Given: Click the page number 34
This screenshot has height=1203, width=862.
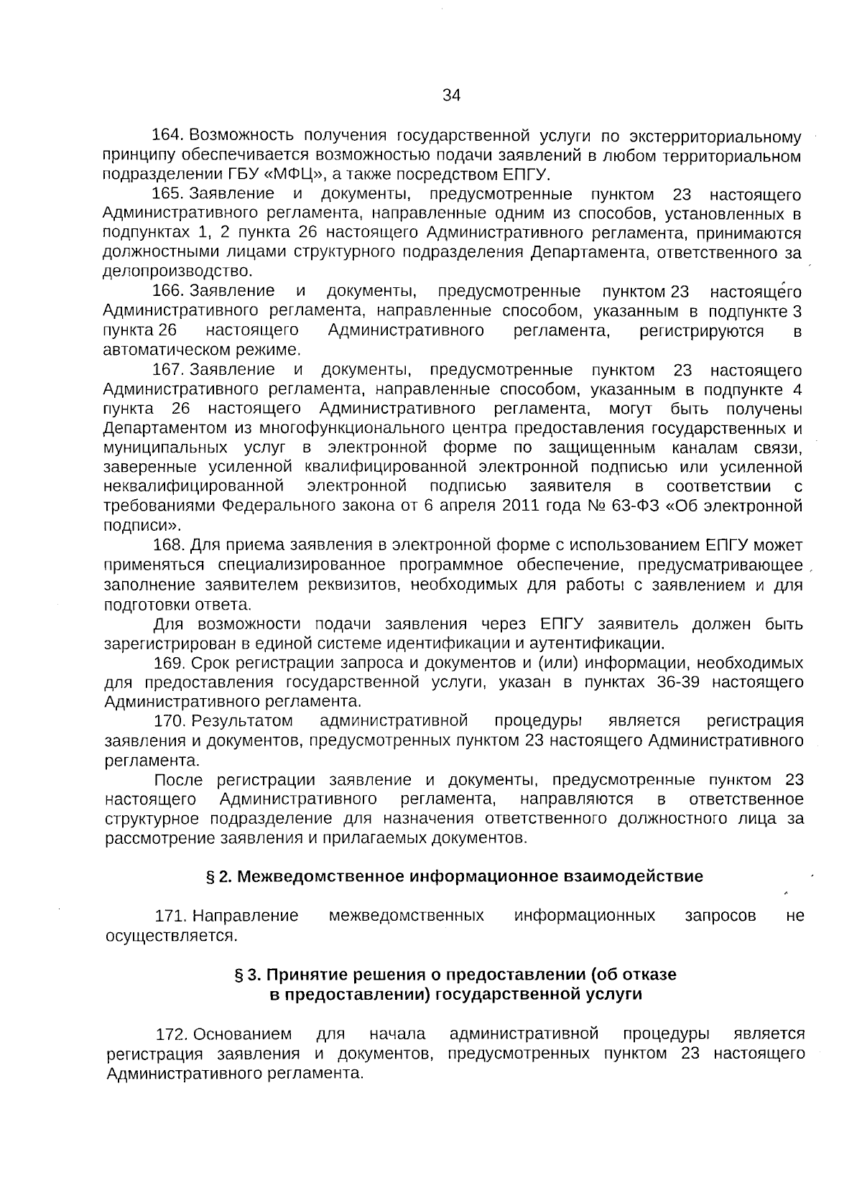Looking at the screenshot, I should pyautogui.click(x=451, y=96).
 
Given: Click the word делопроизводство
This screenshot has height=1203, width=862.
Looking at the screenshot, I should pyautogui.click(x=177, y=271).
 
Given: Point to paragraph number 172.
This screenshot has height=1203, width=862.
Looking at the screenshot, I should pyautogui.click(x=172, y=1035).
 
